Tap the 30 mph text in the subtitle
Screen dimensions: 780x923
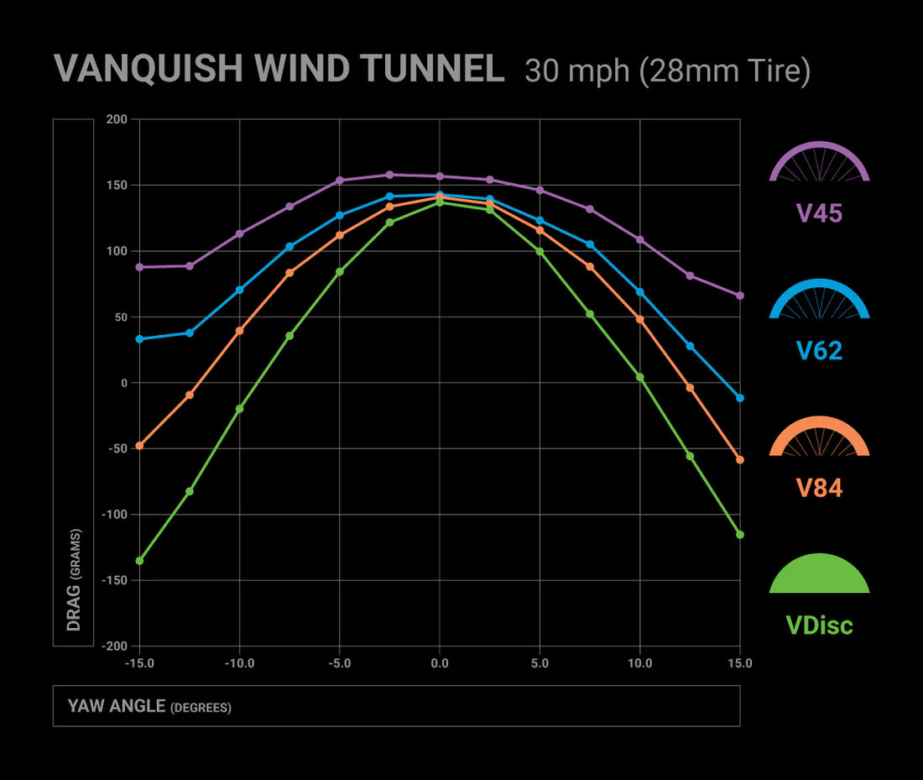click(x=576, y=71)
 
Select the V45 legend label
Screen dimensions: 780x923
click(x=819, y=212)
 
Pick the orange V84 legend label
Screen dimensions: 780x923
click(x=819, y=488)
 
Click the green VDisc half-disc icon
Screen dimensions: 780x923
click(x=819, y=574)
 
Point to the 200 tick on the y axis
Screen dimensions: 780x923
click(x=117, y=119)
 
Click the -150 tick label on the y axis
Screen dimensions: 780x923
click(x=113, y=580)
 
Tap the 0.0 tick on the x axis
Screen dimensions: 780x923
click(x=439, y=663)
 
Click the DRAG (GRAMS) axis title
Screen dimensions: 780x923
click(x=74, y=579)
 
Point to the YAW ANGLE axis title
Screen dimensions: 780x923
click(x=149, y=706)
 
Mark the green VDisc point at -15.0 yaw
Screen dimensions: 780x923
click(x=139, y=560)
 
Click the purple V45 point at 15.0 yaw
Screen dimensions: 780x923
click(x=739, y=296)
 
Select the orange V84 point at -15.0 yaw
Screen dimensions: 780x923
click(x=139, y=446)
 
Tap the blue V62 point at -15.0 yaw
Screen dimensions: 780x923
click(x=139, y=339)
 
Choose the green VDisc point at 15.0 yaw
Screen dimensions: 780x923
click(x=739, y=535)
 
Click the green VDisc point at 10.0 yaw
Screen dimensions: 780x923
click(x=639, y=378)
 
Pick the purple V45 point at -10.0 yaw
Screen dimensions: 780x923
click(x=239, y=233)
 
